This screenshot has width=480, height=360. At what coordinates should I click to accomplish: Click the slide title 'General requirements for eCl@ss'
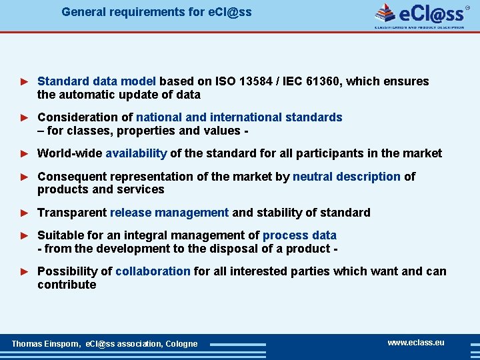pyautogui.click(x=157, y=12)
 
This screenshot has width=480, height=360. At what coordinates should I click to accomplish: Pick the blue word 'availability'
pyautogui.click(x=136, y=153)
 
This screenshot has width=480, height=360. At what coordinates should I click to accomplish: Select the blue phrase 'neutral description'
pyautogui.click(x=347, y=177)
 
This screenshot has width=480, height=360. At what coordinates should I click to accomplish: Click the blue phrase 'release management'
pyautogui.click(x=169, y=213)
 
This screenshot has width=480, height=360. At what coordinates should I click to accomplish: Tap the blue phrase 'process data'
pyautogui.click(x=299, y=235)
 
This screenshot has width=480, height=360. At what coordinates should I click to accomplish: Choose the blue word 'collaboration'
pyautogui.click(x=153, y=271)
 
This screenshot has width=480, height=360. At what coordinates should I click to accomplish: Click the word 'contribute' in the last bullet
pyautogui.click(x=67, y=285)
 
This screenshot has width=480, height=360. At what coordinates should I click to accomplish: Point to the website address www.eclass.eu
pyautogui.click(x=416, y=343)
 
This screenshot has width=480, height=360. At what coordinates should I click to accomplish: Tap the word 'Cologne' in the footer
pyautogui.click(x=181, y=344)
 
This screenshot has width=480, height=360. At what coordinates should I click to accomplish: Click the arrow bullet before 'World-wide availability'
pyautogui.click(x=25, y=154)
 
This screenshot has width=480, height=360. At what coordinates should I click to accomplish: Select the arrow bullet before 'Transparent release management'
pyautogui.click(x=25, y=213)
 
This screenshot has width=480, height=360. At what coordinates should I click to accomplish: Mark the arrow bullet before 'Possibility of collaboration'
pyautogui.click(x=25, y=272)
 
